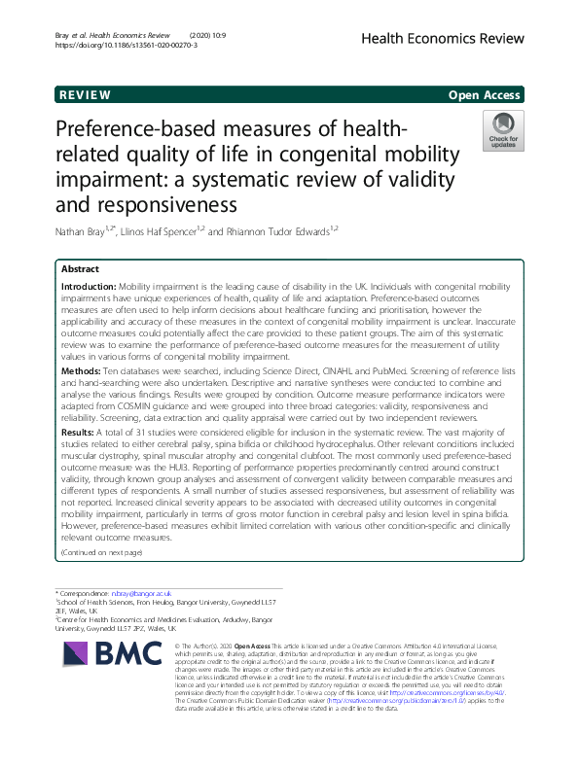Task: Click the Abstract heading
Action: coord(80,268)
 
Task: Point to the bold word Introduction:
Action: coord(89,289)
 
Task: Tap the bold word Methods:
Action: coord(83,371)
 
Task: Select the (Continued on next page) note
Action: coord(101,552)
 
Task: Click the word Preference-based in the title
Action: coord(131,131)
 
